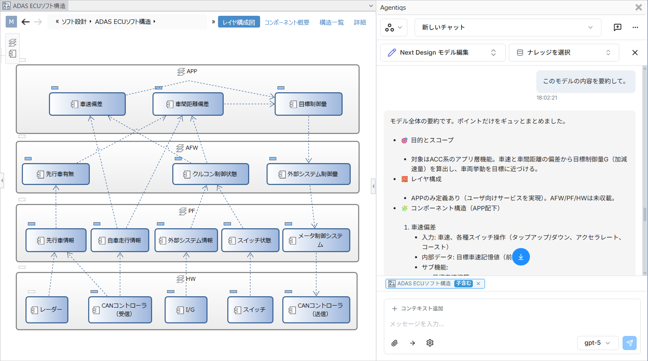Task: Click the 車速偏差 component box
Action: click(x=87, y=104)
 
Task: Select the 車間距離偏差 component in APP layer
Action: click(x=188, y=104)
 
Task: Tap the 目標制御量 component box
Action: click(x=309, y=104)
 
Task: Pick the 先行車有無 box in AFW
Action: click(x=56, y=174)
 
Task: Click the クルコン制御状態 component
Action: click(x=211, y=174)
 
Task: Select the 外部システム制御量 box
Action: click(x=309, y=174)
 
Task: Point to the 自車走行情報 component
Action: click(x=120, y=240)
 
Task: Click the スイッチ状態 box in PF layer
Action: click(x=250, y=240)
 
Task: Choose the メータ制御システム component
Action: click(x=316, y=240)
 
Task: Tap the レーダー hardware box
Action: click(x=47, y=310)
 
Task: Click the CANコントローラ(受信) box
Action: click(x=120, y=310)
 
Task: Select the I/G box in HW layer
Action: click(x=186, y=310)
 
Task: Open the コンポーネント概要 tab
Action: click(x=287, y=22)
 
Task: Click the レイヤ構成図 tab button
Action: click(x=239, y=22)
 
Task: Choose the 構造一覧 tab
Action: click(x=332, y=22)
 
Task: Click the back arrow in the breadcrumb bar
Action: click(x=25, y=22)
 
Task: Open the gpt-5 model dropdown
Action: click(x=597, y=343)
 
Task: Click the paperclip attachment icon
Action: click(x=394, y=343)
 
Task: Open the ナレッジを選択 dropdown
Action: click(x=563, y=53)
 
